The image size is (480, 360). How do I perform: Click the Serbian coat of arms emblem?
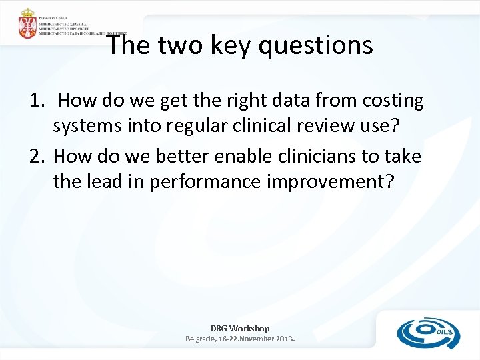click(28, 24)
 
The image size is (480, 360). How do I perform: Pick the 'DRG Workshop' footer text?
click(240, 328)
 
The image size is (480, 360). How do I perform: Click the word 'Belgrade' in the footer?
click(201, 339)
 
